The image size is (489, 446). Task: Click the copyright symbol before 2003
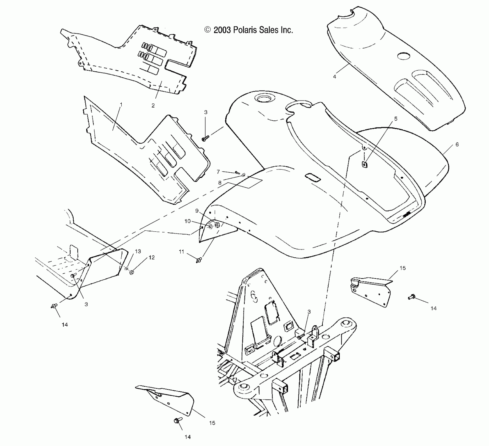[208, 30]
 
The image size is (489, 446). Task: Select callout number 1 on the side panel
[121, 104]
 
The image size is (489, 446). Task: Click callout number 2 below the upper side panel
[153, 105]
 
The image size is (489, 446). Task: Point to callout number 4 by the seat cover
[334, 77]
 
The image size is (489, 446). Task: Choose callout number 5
[396, 119]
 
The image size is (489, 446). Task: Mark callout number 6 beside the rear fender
[457, 144]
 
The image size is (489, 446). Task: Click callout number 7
[218, 172]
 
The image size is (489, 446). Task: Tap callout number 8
[220, 183]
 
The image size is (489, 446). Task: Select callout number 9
[197, 210]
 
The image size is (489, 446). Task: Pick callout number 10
[187, 221]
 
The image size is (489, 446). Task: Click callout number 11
[182, 252]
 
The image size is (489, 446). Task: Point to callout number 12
[152, 258]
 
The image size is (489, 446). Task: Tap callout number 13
[138, 251]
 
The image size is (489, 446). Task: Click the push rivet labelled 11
[199, 260]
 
